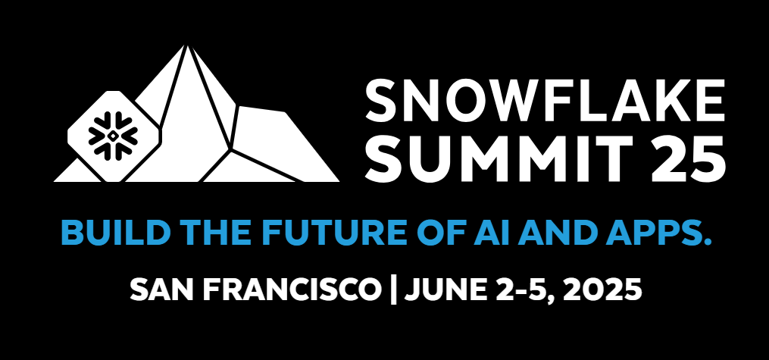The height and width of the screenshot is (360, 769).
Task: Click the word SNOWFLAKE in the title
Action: pos(545,101)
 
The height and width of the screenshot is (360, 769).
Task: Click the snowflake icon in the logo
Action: pos(113,136)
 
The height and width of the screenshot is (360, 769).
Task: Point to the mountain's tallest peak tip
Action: pos(186,45)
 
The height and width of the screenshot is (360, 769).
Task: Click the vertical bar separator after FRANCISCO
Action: pos(392,290)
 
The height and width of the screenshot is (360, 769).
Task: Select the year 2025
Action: pos(603,290)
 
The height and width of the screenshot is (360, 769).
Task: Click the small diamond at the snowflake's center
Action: pos(113,136)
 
